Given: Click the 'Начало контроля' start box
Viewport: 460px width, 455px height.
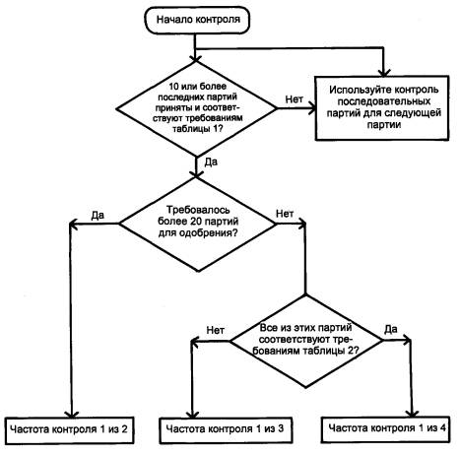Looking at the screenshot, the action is pyautogui.click(x=197, y=20).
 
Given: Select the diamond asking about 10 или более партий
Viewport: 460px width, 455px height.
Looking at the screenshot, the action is pyautogui.click(x=197, y=108).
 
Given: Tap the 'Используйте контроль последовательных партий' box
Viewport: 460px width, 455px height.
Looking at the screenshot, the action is pyautogui.click(x=382, y=108).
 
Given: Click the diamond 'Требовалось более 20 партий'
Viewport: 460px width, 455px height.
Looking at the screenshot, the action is pyautogui.click(x=198, y=225).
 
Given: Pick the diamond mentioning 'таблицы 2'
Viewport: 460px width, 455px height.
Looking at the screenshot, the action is pyautogui.click(x=306, y=341).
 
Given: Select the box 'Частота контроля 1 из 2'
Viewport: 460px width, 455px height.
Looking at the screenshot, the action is pyautogui.click(x=70, y=430).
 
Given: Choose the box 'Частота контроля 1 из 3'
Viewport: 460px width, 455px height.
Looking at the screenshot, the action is pyautogui.click(x=226, y=430).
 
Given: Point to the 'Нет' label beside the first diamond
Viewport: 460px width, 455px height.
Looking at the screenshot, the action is pyautogui.click(x=295, y=98).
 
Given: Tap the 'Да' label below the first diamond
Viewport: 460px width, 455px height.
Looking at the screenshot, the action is pyautogui.click(x=211, y=162).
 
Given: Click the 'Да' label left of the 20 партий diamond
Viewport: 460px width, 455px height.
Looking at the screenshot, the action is pyautogui.click(x=98, y=215).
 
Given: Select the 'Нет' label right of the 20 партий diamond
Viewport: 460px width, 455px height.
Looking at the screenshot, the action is pyautogui.click(x=285, y=214).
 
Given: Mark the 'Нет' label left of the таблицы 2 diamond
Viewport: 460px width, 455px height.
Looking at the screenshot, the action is pyautogui.click(x=216, y=330).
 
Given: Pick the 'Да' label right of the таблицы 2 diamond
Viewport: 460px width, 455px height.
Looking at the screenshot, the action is pyautogui.click(x=391, y=329).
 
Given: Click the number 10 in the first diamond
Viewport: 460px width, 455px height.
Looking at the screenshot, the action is pyautogui.click(x=174, y=87).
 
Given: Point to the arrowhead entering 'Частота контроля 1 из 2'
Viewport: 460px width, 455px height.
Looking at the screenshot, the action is pyautogui.click(x=72, y=414).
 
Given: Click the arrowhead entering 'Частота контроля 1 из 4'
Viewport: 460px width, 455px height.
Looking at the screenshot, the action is pyautogui.click(x=413, y=413).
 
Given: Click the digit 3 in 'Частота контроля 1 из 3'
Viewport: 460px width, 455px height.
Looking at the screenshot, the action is pyautogui.click(x=280, y=428).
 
